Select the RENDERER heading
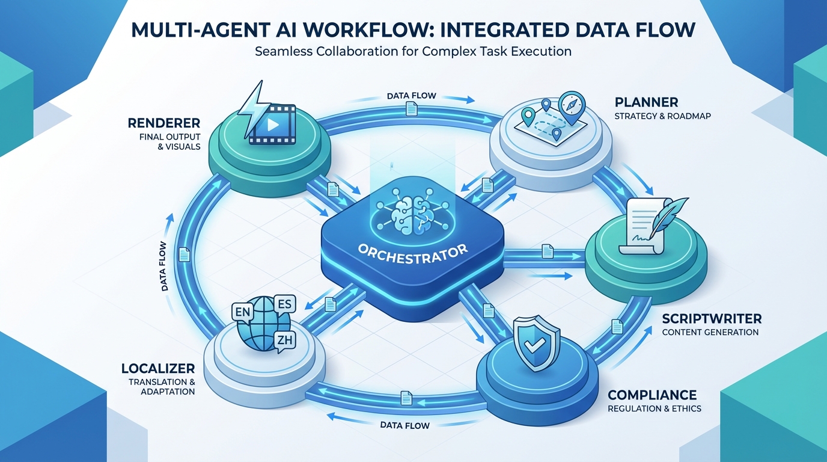[163, 123]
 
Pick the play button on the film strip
[273, 125]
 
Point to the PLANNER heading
[646, 102]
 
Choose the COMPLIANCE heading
[652, 395]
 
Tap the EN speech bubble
[243, 313]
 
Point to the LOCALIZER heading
[157, 368]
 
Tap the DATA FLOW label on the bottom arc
[405, 425]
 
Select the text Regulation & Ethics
[654, 409]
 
